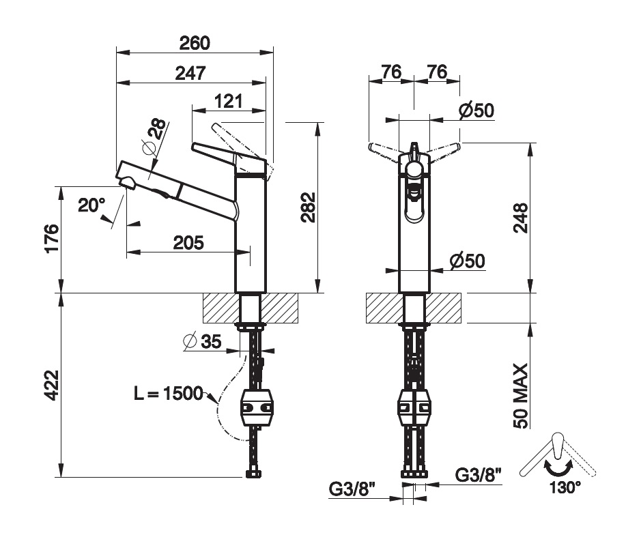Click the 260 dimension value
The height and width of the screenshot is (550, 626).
(x=194, y=42)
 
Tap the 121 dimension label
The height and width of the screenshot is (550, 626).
(x=228, y=102)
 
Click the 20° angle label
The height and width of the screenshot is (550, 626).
(x=91, y=205)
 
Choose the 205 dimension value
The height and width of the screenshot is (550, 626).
(x=188, y=242)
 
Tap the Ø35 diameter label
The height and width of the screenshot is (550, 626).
(x=203, y=342)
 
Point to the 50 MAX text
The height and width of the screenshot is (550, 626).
(x=521, y=396)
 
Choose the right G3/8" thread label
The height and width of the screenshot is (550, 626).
(x=479, y=473)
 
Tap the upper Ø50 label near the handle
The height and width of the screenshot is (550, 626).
(x=476, y=110)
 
